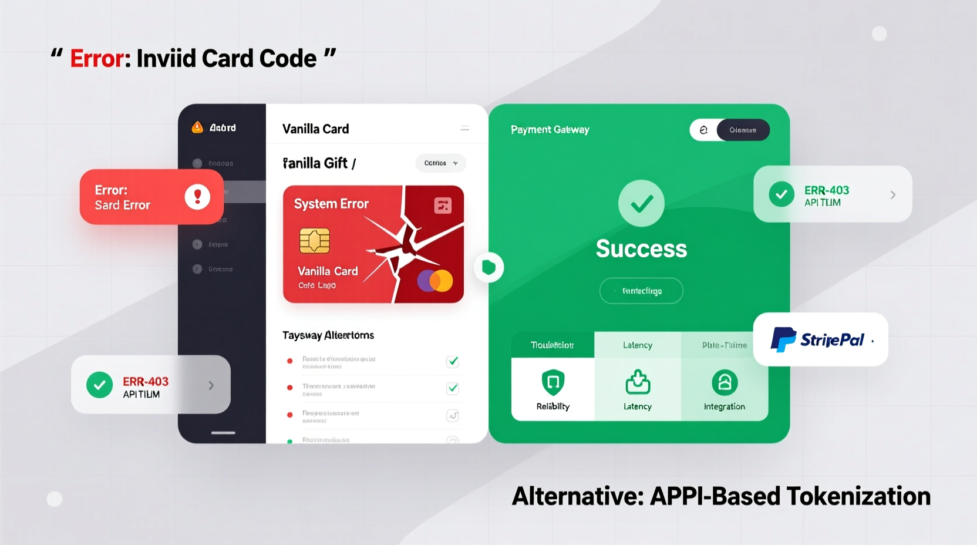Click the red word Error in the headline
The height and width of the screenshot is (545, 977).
tap(97, 59)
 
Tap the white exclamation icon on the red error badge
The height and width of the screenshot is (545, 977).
tap(197, 197)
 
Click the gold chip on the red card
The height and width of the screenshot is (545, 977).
tap(314, 241)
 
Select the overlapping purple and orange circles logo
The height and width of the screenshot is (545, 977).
tap(435, 281)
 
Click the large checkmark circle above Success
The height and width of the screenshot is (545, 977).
tap(641, 203)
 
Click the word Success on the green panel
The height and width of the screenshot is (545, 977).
tap(641, 248)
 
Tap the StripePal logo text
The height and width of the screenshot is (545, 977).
tap(831, 339)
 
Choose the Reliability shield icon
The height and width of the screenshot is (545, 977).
tap(552, 383)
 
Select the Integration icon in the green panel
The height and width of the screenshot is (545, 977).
tap(725, 383)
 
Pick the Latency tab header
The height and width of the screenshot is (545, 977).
tap(638, 345)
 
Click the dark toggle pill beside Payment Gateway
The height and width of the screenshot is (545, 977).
tap(743, 130)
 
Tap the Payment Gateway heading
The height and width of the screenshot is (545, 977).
tap(550, 130)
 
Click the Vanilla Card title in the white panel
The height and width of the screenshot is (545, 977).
tap(316, 129)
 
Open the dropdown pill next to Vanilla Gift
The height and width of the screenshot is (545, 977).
tap(440, 163)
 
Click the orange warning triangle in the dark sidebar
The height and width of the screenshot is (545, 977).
tap(197, 127)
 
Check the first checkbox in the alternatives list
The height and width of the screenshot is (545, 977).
tap(453, 361)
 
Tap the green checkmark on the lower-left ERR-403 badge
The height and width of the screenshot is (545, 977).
tap(100, 385)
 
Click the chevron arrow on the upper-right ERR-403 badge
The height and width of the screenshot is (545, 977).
tap(893, 195)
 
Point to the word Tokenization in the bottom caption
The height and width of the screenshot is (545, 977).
tap(858, 496)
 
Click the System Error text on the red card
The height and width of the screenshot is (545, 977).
tap(331, 204)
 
